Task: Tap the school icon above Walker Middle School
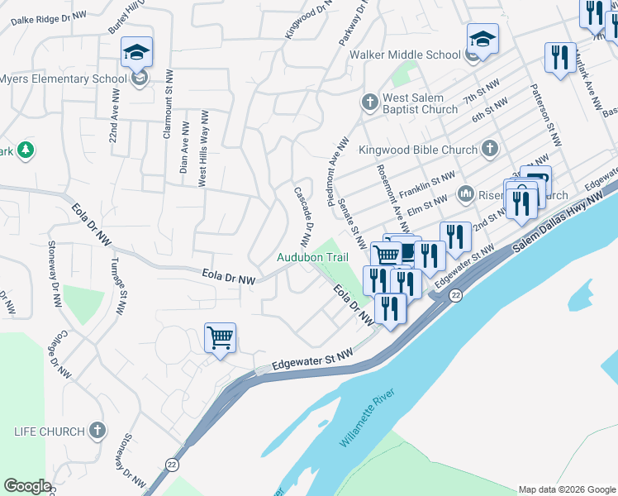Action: click(483, 38)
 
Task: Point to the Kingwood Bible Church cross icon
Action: click(489, 150)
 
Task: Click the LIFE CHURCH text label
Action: click(50, 432)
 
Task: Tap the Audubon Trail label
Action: click(312, 257)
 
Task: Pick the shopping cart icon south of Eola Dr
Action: click(220, 337)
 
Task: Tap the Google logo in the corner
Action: click(27, 485)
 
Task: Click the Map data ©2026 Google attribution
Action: click(566, 489)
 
